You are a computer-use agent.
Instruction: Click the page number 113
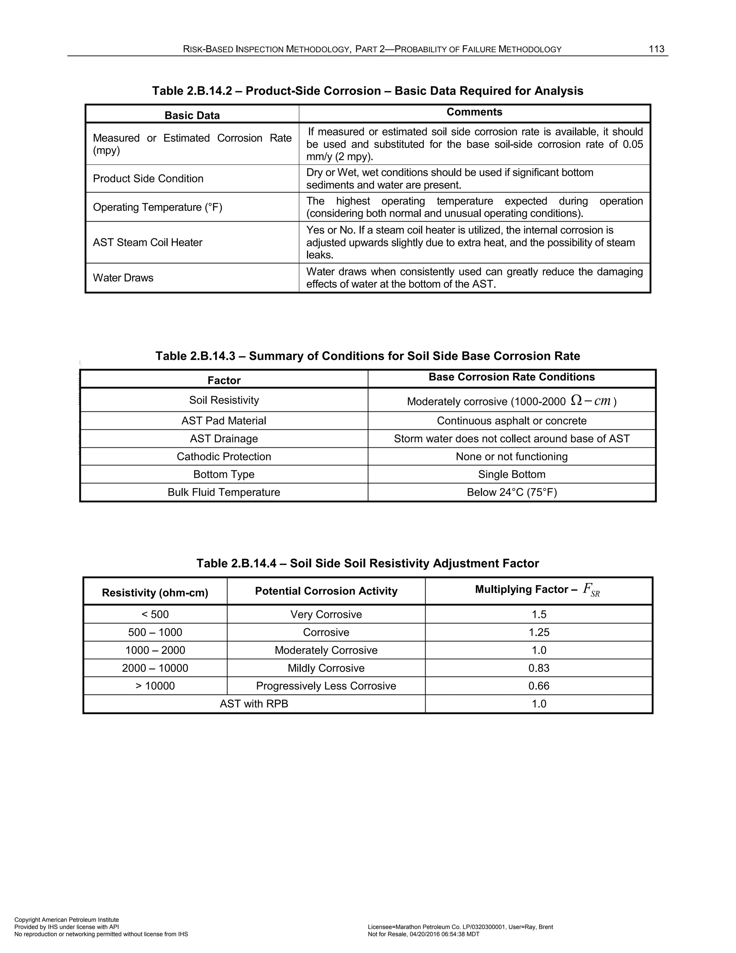click(656, 49)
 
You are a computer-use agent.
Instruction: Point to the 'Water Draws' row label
click(123, 278)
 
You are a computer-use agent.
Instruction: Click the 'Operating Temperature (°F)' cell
click(157, 207)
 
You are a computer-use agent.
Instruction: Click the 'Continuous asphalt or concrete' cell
click(511, 421)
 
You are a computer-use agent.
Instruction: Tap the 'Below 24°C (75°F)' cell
click(511, 492)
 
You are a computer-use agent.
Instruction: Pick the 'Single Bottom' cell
click(511, 474)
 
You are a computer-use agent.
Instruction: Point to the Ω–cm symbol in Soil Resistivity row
click(591, 400)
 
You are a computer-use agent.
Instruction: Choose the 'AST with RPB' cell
click(254, 704)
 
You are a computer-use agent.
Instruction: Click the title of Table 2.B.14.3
click(368, 356)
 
